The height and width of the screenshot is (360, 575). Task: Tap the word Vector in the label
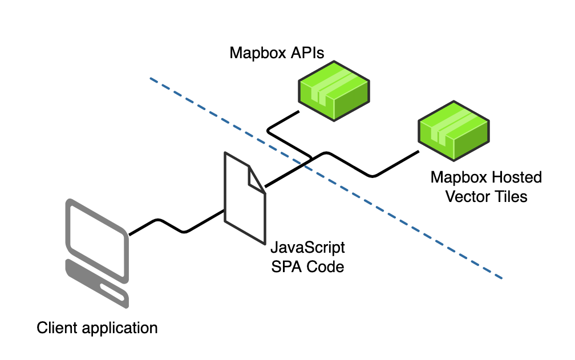(467, 196)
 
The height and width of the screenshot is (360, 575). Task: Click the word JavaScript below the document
(307, 249)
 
